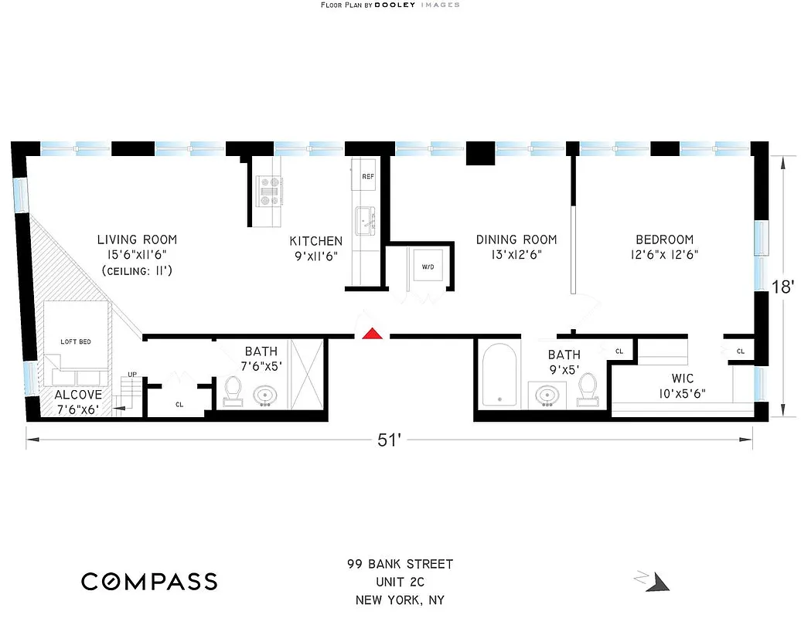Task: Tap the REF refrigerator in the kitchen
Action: [368, 177]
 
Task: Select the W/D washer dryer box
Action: [427, 268]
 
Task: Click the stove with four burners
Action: [270, 190]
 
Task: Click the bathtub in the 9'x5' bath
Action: [499, 376]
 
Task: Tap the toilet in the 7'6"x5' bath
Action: [233, 390]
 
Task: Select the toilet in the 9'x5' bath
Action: [589, 389]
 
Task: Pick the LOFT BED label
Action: [77, 341]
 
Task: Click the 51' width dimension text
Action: [389, 440]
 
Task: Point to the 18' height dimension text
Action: [783, 287]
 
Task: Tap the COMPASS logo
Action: [149, 581]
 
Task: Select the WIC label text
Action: [682, 379]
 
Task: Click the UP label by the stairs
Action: [132, 375]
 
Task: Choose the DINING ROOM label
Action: [516, 239]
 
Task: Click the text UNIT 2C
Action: [400, 582]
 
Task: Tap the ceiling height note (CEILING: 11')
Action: [136, 270]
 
